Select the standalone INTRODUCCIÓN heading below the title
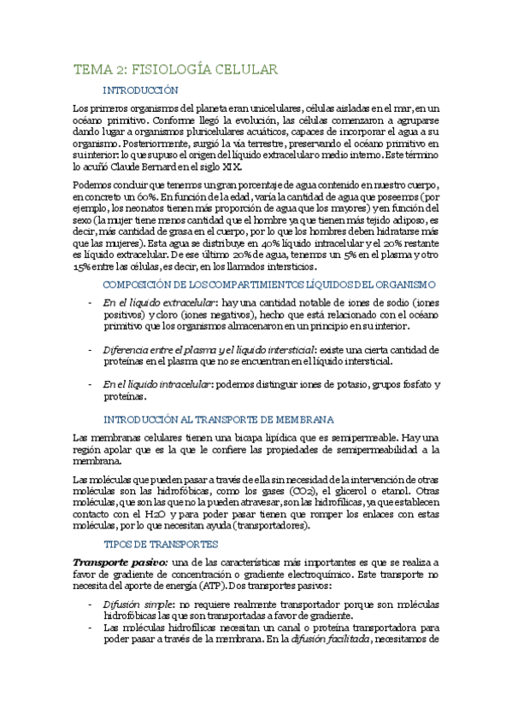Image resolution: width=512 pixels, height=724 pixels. pyautogui.click(x=140, y=90)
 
